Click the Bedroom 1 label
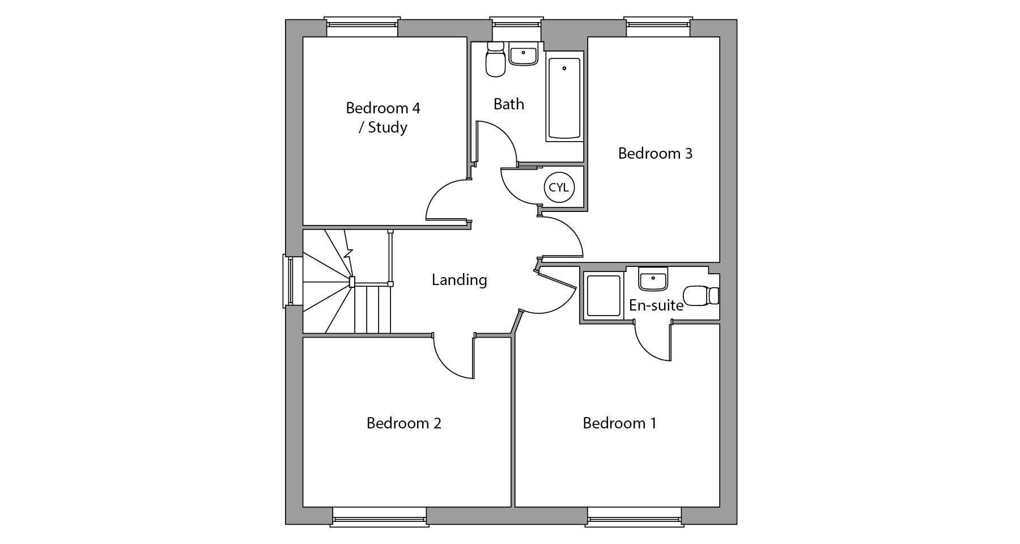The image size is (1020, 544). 619,423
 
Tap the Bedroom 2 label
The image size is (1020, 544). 403,423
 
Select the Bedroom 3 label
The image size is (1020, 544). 655,154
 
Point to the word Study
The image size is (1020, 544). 388,127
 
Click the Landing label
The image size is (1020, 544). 460,280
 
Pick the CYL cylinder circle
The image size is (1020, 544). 559,187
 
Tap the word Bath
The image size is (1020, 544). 509,104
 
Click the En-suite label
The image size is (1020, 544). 656,305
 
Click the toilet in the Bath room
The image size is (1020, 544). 496,59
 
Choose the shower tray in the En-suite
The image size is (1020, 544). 603,295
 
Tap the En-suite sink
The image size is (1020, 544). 653,278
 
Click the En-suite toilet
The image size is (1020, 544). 702,295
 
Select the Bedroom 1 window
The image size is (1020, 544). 634,516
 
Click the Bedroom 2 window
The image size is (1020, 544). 379,516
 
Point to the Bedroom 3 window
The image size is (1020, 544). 658,27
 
